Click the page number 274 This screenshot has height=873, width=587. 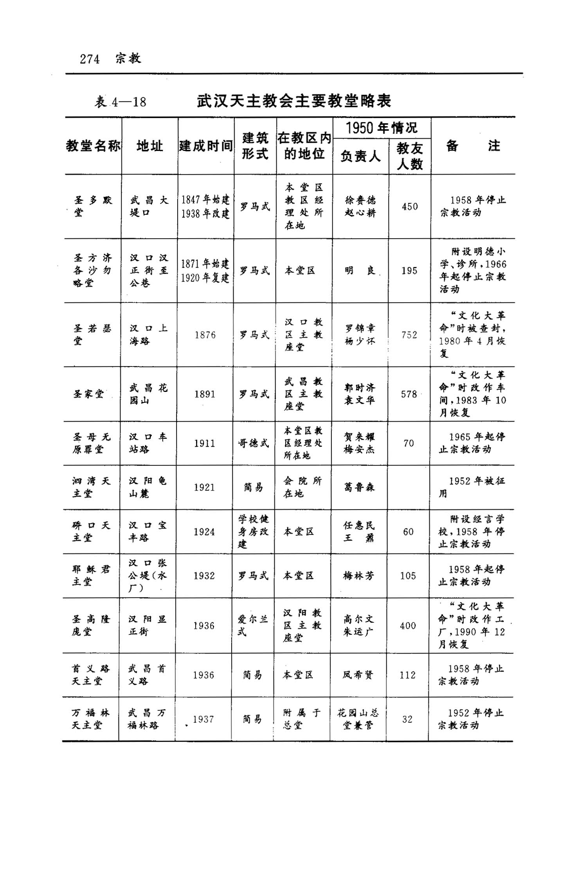tap(90, 59)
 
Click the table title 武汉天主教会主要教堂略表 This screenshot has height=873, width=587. tap(294, 101)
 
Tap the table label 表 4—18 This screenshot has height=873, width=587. tap(120, 102)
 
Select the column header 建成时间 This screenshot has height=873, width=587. tap(206, 146)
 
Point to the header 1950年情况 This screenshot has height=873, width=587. tap(382, 128)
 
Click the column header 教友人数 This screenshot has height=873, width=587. tap(409, 156)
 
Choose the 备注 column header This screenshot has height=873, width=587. tap(473, 146)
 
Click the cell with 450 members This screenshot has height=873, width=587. tap(409, 207)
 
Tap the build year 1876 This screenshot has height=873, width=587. tap(205, 335)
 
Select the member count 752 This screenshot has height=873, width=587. tap(409, 335)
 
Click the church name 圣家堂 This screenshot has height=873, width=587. tap(88, 394)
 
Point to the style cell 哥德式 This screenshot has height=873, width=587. tap(254, 443)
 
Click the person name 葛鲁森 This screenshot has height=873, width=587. tap(359, 487)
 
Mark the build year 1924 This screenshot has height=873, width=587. tap(204, 532)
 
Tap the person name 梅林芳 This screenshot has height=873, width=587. tap(358, 576)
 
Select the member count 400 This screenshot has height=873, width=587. tap(408, 626)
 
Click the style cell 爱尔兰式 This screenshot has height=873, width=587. tap(252, 625)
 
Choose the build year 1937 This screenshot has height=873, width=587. tap(203, 719)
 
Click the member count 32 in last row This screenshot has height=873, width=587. tap(407, 719)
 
